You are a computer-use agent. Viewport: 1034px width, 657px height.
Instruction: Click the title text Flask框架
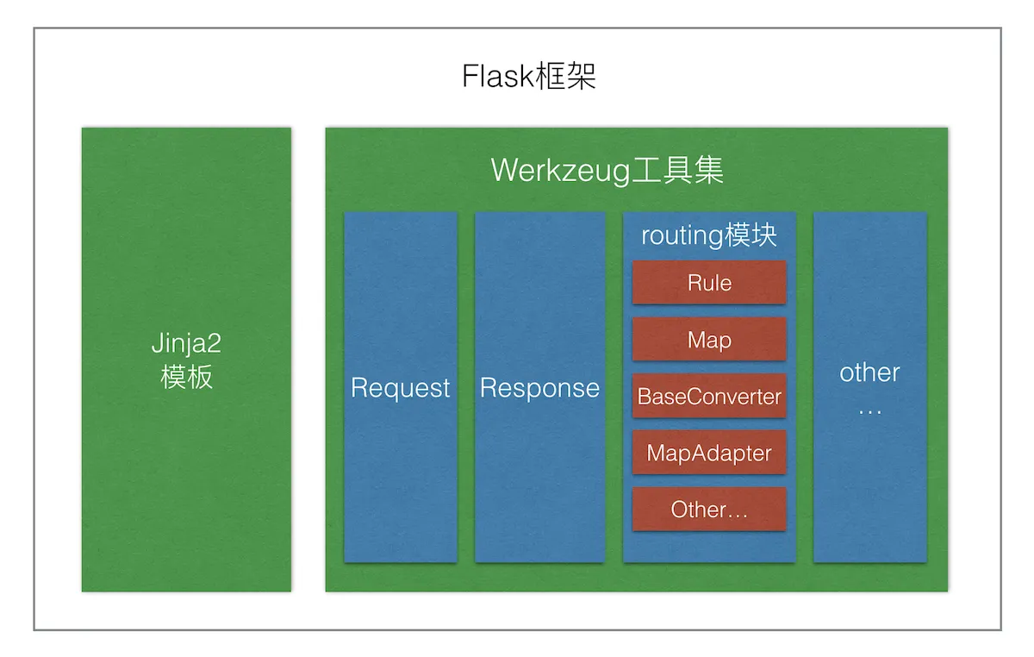point(529,77)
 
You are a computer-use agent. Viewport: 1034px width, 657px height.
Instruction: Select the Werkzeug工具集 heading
point(607,170)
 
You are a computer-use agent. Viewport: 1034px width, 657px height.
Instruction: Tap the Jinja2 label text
point(186,344)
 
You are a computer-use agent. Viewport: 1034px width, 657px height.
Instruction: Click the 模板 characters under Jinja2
point(186,378)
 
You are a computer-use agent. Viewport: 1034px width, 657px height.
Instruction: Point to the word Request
point(401,388)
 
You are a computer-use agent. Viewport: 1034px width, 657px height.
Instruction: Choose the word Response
point(539,388)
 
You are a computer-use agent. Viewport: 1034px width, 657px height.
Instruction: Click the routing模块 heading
point(709,235)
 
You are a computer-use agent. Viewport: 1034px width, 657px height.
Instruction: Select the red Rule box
point(709,283)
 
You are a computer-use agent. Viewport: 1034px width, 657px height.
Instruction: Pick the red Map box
point(709,340)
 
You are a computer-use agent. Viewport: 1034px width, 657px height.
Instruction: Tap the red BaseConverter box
point(709,397)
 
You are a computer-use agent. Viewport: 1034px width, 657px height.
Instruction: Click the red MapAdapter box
point(709,453)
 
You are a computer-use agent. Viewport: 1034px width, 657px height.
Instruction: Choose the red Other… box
point(709,510)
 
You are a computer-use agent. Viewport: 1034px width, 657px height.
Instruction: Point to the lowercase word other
point(869,372)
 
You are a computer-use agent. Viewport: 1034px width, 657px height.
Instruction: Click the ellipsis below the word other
point(869,410)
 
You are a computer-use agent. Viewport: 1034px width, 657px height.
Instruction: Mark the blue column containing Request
point(401,483)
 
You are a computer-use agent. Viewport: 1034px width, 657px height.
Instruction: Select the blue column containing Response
point(539,483)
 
